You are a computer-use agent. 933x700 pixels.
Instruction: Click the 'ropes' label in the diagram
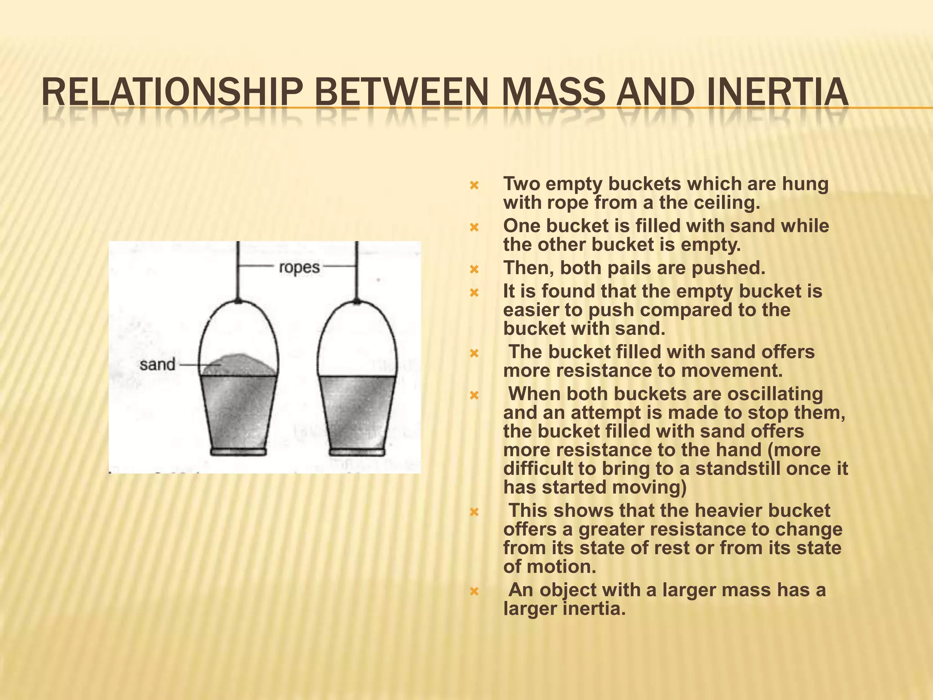(299, 268)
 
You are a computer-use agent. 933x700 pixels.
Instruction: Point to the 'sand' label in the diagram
(157, 365)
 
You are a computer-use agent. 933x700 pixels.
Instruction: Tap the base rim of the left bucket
(238, 452)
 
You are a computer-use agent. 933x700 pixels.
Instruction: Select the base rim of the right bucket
(357, 452)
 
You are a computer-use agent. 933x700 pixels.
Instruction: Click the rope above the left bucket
(237, 269)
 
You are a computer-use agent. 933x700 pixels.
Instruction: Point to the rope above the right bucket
(357, 269)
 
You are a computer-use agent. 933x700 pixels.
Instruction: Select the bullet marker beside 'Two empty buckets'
(474, 185)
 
